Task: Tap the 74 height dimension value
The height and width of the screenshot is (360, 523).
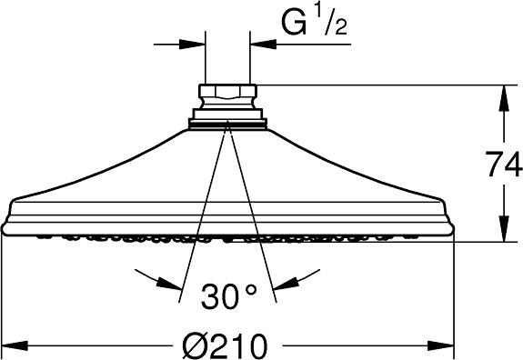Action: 504,164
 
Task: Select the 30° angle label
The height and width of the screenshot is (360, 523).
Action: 229,295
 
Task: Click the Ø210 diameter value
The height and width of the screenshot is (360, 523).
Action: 226,345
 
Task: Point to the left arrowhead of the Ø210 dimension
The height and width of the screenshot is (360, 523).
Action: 15,345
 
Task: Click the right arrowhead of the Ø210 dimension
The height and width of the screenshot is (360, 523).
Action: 441,345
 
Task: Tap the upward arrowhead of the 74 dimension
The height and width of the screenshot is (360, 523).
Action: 504,98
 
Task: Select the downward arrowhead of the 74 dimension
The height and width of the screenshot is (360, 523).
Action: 504,228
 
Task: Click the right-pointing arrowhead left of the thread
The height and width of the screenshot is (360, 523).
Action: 192,44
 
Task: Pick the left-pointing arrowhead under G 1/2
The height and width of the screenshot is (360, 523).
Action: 263,44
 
